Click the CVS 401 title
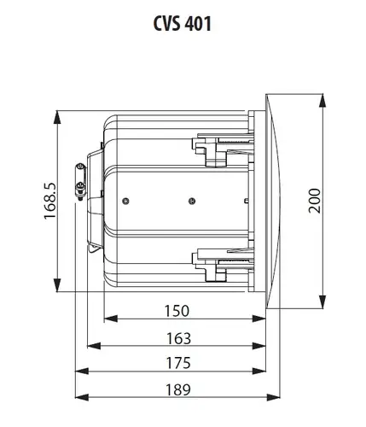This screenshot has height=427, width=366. pyautogui.click(x=183, y=23)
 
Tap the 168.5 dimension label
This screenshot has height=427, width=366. pyautogui.click(x=50, y=201)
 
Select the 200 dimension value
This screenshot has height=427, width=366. pyautogui.click(x=315, y=201)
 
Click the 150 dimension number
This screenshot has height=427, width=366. pyautogui.click(x=177, y=311)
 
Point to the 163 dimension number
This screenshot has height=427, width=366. pyautogui.click(x=178, y=338)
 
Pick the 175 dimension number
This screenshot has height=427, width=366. pyautogui.click(x=178, y=363)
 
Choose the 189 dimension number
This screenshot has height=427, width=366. pyautogui.click(x=178, y=389)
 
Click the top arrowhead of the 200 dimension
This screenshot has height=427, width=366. pyautogui.click(x=322, y=101)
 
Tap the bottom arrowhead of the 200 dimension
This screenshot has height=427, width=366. pyautogui.click(x=322, y=301)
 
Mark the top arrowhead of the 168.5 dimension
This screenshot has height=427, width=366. pyautogui.click(x=57, y=117)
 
